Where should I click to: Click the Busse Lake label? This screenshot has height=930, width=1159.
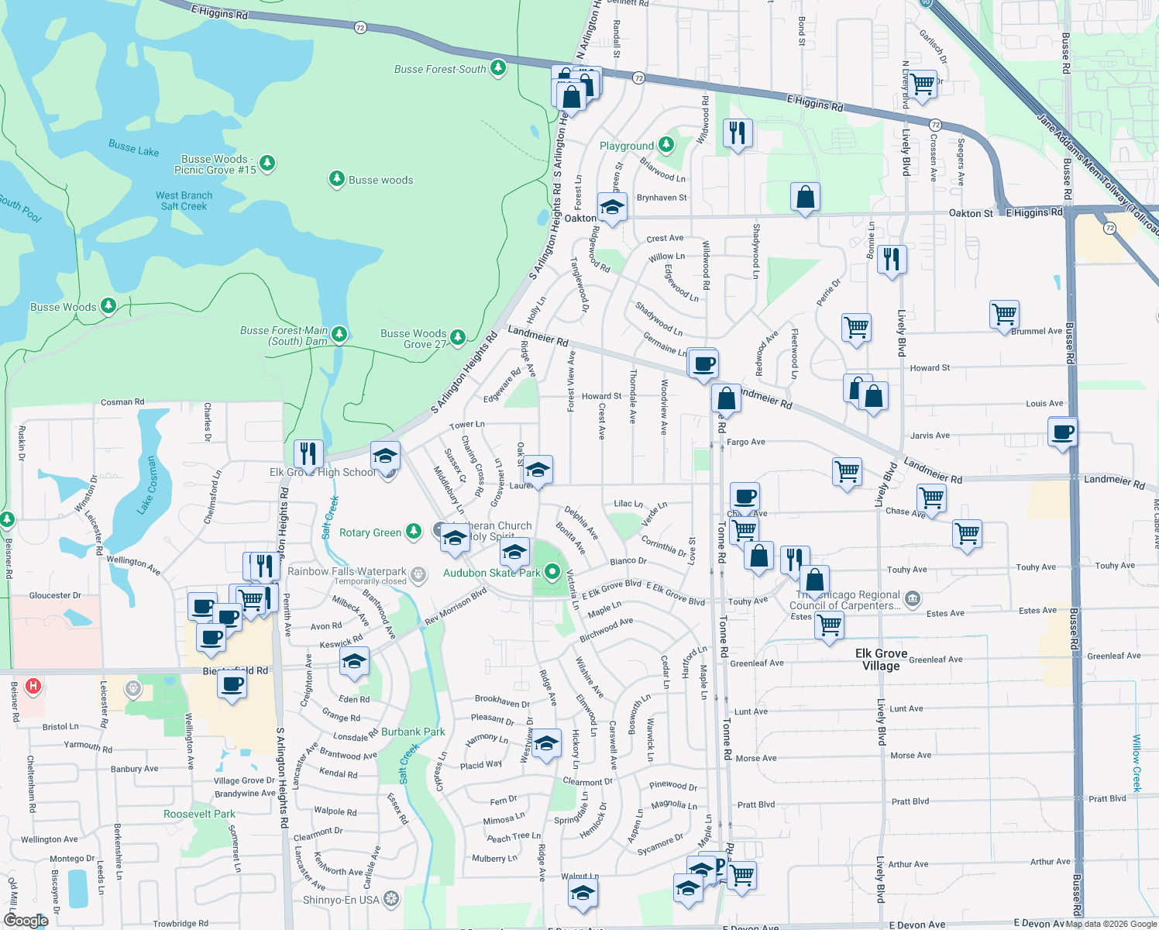coord(133,147)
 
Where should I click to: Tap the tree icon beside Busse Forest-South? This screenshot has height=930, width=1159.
coord(498,68)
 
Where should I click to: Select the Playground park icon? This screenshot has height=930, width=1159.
coord(665,145)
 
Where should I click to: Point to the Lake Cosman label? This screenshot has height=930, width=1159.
coord(147,485)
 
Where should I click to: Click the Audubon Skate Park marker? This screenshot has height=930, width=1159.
coord(552,573)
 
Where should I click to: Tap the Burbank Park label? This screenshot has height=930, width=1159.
coord(413,732)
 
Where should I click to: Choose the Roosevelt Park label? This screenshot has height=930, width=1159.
coord(199,814)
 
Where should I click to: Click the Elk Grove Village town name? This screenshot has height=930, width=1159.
coord(881,660)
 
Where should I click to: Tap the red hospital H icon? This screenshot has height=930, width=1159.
coord(33,686)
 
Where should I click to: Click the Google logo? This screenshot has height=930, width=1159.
coord(25,920)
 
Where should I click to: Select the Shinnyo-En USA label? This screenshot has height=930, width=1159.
coord(341,900)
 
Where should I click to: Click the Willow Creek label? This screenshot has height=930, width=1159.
coord(1137,763)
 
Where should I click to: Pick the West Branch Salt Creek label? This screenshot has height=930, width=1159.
coord(184,201)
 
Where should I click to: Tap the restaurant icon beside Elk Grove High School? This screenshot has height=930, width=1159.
coord(308,453)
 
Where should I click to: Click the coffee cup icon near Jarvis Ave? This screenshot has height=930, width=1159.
coord(1063,432)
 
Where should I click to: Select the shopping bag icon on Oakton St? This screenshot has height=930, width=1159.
coord(805,197)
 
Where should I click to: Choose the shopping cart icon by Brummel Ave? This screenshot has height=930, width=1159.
coord(1004,315)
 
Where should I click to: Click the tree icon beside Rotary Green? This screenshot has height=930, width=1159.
coord(414,531)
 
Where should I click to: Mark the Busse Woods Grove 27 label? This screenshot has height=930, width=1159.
coord(413,339)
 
